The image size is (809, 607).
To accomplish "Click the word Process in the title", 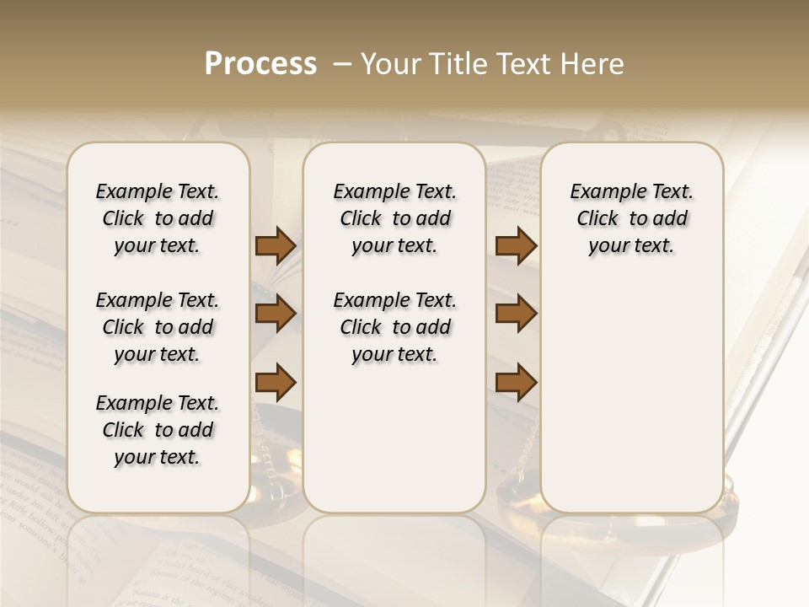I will [x=260, y=64].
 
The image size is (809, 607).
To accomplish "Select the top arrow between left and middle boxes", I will [x=276, y=246].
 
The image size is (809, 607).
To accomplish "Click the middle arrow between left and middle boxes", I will [x=276, y=314].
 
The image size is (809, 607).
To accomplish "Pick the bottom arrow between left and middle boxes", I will [x=276, y=383].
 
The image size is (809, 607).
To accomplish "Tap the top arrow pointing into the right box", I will [x=516, y=246].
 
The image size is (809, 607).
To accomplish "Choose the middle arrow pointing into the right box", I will [x=516, y=314].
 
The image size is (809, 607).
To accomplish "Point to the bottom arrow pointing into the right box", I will [x=516, y=383].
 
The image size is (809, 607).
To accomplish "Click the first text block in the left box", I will [x=158, y=218].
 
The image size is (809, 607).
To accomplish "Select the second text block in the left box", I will [x=158, y=327].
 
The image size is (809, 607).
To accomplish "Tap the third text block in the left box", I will [x=158, y=430].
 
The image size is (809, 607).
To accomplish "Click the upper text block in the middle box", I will [x=394, y=218].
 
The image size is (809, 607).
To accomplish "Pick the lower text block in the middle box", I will [x=394, y=327].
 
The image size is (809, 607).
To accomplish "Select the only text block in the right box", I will [x=631, y=218].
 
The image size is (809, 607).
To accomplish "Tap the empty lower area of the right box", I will [x=631, y=396].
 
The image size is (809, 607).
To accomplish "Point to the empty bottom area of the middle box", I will [x=394, y=447].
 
